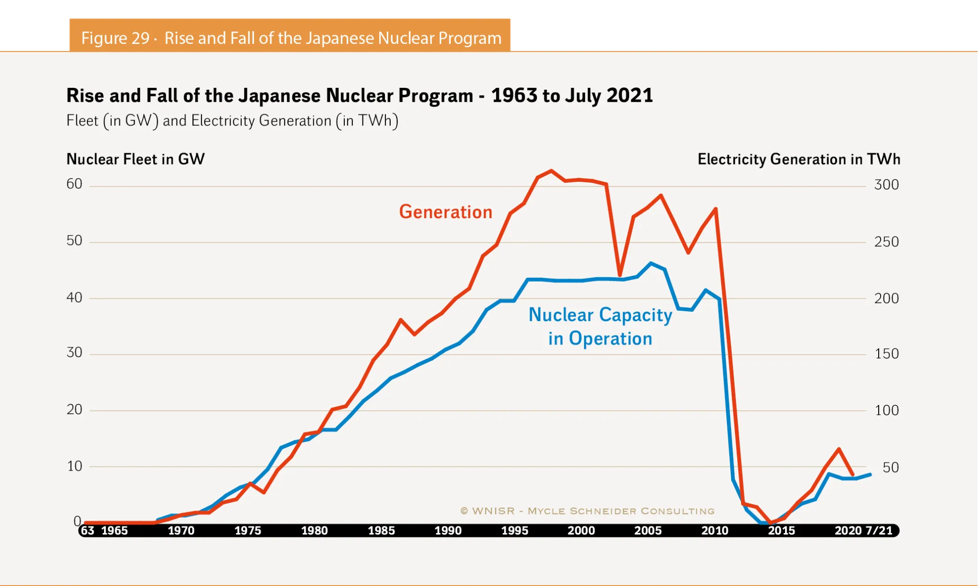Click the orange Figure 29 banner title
tap(291, 38)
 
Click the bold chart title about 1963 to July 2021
tap(359, 95)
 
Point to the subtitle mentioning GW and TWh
tap(232, 121)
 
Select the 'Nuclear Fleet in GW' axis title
tap(136, 159)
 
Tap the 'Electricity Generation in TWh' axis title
tap(798, 159)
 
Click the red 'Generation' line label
tap(446, 212)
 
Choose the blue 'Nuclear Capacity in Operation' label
tap(600, 326)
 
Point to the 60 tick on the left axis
tap(74, 184)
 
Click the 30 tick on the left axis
tap(74, 353)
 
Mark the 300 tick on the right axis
tap(886, 185)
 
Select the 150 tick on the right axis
tap(886, 354)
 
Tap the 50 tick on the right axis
tap(891, 467)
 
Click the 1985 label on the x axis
tap(381, 531)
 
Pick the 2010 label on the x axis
tap(714, 531)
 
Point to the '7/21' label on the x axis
tap(879, 531)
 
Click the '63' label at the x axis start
tap(87, 531)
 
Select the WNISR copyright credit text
tap(587, 511)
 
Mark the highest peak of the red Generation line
tap(551, 171)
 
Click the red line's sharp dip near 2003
tap(620, 275)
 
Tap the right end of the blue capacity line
tap(870, 475)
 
